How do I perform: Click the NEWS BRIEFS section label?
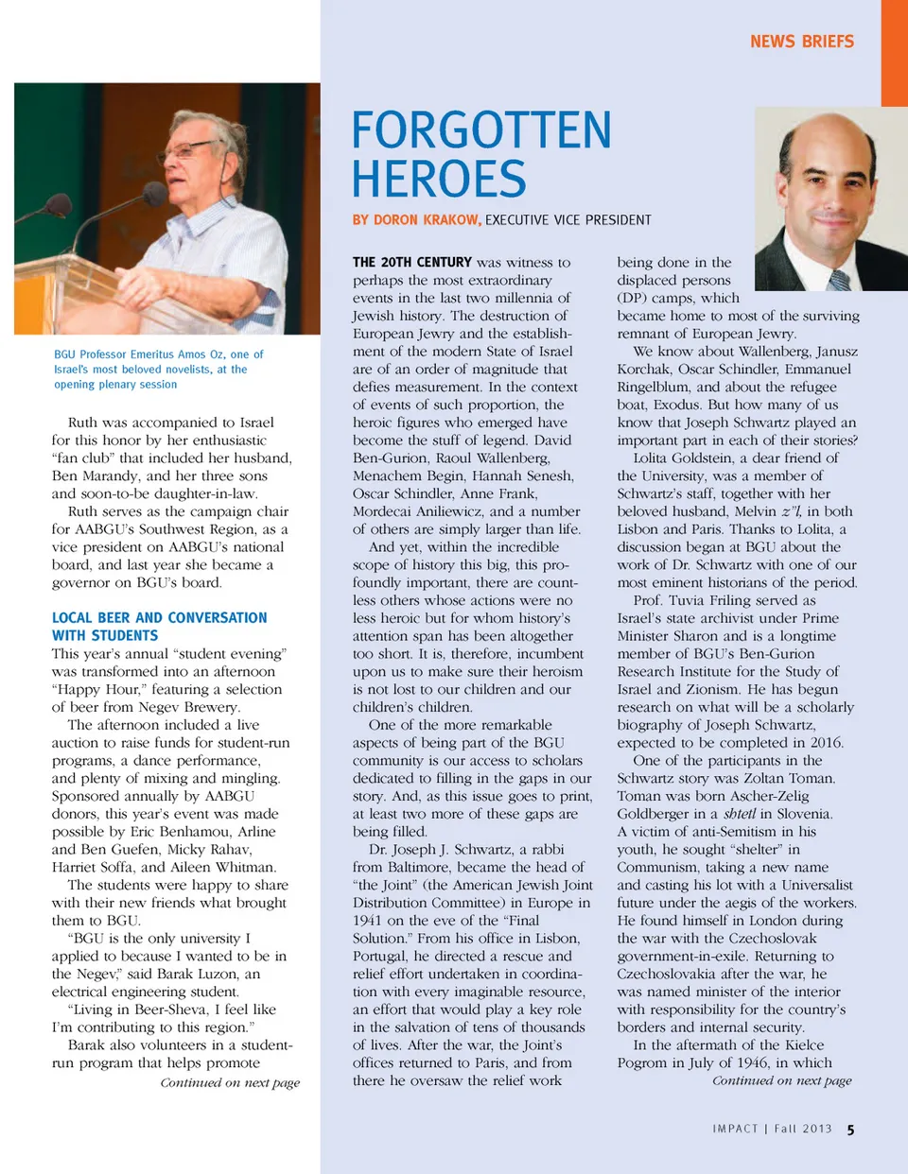pyautogui.click(x=801, y=42)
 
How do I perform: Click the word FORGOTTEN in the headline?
pyautogui.click(x=481, y=130)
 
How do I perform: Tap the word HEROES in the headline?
pyautogui.click(x=439, y=179)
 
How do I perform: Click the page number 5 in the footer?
pyautogui.click(x=851, y=1130)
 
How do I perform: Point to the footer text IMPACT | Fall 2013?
pyautogui.click(x=772, y=1129)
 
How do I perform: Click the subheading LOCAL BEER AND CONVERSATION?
pyautogui.click(x=159, y=617)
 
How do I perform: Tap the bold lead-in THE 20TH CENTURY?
pyautogui.click(x=411, y=262)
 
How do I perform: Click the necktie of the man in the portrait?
pyautogui.click(x=839, y=280)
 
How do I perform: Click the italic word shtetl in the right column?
pyautogui.click(x=739, y=814)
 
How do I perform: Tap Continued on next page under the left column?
pyautogui.click(x=230, y=1082)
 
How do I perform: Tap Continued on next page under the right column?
pyautogui.click(x=781, y=1080)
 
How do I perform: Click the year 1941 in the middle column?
pyautogui.click(x=366, y=921)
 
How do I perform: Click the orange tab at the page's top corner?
pyautogui.click(x=894, y=52)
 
